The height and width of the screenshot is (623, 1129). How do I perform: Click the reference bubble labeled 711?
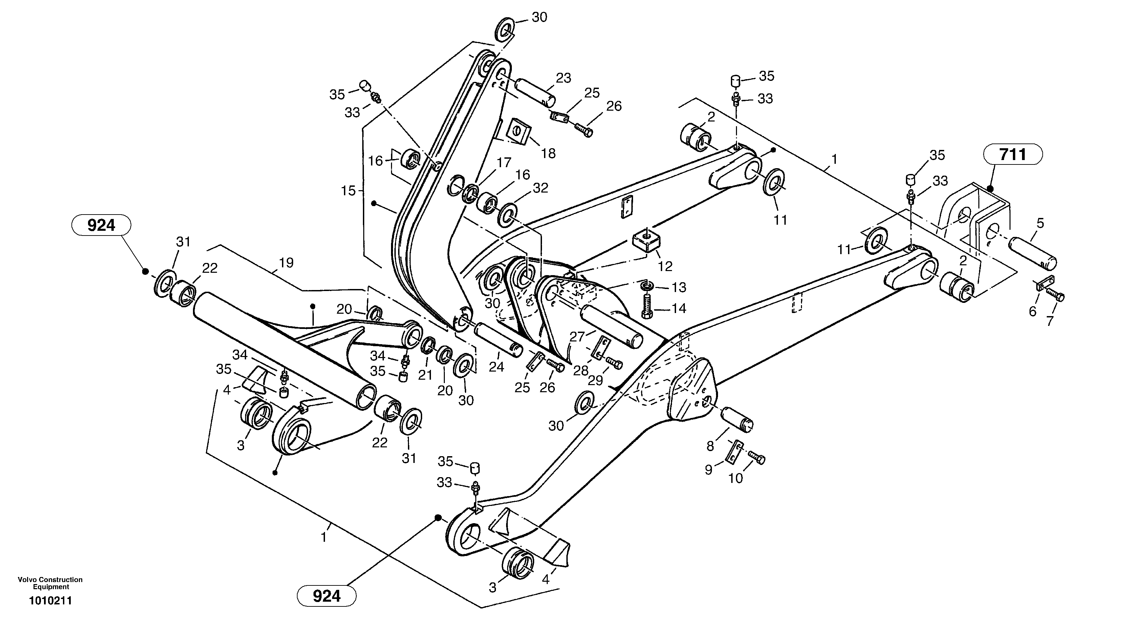[1013, 154]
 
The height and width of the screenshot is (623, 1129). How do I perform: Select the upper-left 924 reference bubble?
[101, 225]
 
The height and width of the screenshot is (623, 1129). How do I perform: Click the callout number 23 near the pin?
[564, 78]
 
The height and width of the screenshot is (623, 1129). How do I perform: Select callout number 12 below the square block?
[665, 266]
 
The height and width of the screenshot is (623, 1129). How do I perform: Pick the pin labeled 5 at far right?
[1033, 254]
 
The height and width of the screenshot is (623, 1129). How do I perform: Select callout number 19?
[286, 263]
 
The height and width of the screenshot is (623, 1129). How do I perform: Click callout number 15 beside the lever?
[348, 191]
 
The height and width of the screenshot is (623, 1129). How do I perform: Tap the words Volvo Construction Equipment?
[50, 583]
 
